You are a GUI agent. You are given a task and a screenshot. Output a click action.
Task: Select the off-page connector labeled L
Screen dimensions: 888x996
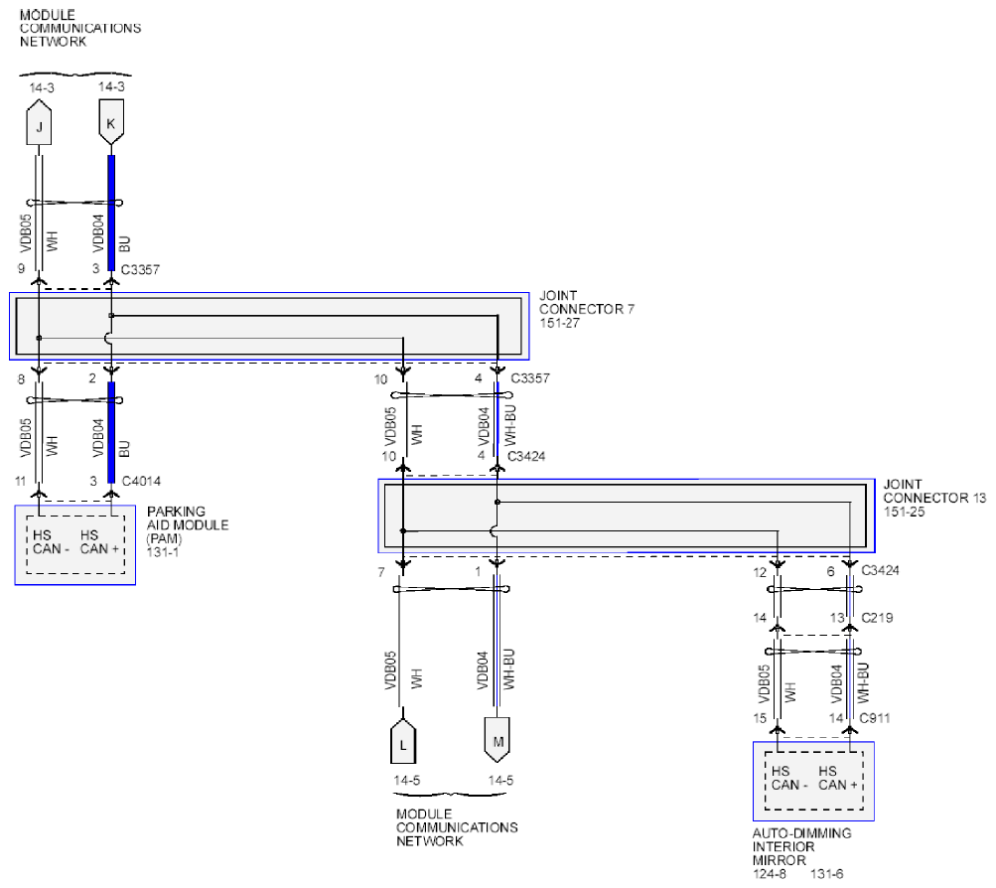[x=402, y=741]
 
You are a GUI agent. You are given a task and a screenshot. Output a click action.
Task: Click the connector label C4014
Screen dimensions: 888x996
[x=140, y=481]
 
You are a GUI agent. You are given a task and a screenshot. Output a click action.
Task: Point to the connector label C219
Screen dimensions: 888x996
[x=877, y=618]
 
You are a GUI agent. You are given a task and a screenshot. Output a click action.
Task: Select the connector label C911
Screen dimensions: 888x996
[x=877, y=717]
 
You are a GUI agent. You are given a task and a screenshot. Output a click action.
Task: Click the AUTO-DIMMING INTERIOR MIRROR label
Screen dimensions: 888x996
[x=800, y=847]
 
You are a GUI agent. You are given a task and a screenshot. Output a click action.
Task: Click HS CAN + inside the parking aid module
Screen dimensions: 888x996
[x=99, y=541]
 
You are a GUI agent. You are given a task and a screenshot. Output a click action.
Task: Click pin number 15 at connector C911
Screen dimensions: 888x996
[x=760, y=717]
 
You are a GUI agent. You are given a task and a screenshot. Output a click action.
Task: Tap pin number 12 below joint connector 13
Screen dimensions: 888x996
[x=760, y=572]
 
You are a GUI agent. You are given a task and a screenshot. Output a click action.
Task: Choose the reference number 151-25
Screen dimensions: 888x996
[x=904, y=511]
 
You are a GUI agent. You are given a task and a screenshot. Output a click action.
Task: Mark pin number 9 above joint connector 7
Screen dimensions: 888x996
[x=20, y=269]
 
